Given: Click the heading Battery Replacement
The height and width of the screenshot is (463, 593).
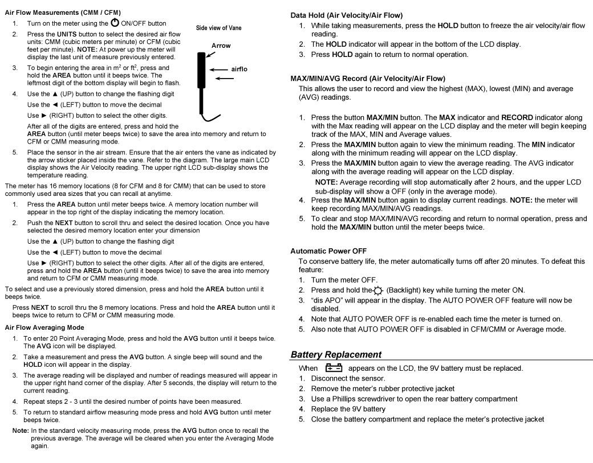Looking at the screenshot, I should tap(336, 354).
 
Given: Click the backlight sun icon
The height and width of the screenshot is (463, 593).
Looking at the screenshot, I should tap(377, 290).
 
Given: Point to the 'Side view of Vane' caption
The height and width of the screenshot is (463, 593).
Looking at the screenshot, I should tap(219, 28).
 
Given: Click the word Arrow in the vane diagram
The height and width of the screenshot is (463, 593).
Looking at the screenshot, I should tap(221, 46).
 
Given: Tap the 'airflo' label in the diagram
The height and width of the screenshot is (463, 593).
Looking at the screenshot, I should tap(239, 69).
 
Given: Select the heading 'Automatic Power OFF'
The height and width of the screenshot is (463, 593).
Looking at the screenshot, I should tap(328, 251).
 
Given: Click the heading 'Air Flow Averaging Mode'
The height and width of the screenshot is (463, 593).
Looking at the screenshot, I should tap(44, 327).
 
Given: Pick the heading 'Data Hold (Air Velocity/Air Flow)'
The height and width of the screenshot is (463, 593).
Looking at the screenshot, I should tap(346, 15).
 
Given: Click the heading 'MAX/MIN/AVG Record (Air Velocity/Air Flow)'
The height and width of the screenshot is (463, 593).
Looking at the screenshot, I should tap(368, 78).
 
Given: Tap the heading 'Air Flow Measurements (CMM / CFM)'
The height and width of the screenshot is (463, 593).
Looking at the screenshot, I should tap(63, 13).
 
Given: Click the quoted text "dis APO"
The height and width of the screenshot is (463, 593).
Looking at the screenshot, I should tap(327, 300).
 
